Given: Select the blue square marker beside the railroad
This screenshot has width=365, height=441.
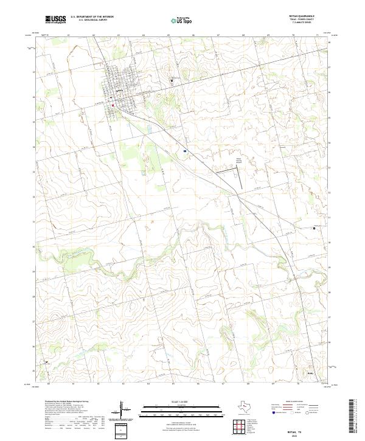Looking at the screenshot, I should pos(184,150).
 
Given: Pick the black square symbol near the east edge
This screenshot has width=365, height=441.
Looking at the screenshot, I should pos(314,227).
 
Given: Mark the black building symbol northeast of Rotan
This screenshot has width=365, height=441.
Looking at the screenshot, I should pos(172,82).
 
